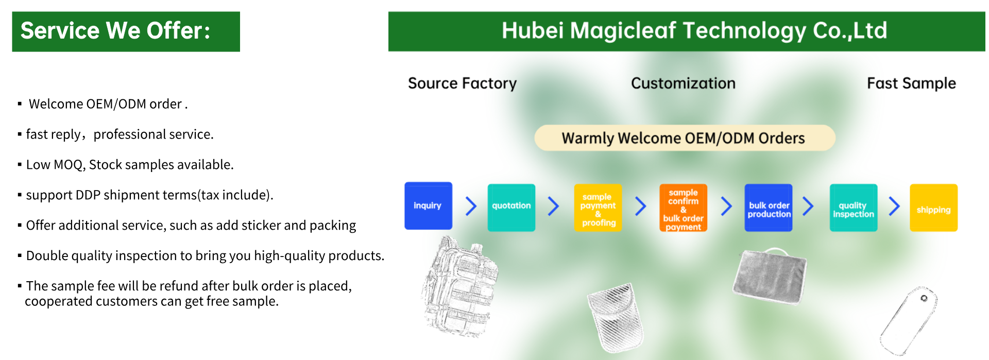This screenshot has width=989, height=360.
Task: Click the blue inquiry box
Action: point(428,205)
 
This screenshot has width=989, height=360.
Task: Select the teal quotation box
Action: point(511,208)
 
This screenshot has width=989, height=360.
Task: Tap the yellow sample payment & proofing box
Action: point(598,208)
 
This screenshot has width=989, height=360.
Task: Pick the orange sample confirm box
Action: point(683,208)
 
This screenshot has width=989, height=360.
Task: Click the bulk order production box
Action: point(769,208)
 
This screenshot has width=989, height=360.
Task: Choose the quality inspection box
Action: point(854,208)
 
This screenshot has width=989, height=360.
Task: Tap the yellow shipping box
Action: point(933,208)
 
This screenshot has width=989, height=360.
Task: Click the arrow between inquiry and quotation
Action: point(471,206)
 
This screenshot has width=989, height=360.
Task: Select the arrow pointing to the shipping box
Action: point(894,206)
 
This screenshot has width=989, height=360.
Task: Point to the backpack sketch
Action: point(459,286)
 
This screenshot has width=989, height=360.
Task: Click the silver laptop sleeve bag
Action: point(770,276)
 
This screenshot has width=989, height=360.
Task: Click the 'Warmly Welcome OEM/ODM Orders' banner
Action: point(685,138)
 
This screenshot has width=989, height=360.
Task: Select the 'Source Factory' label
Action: point(462,83)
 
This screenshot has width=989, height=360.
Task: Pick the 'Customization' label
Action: point(683,83)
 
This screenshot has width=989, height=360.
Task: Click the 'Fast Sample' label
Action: point(911,83)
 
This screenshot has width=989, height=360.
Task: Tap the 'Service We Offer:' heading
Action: point(115,31)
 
